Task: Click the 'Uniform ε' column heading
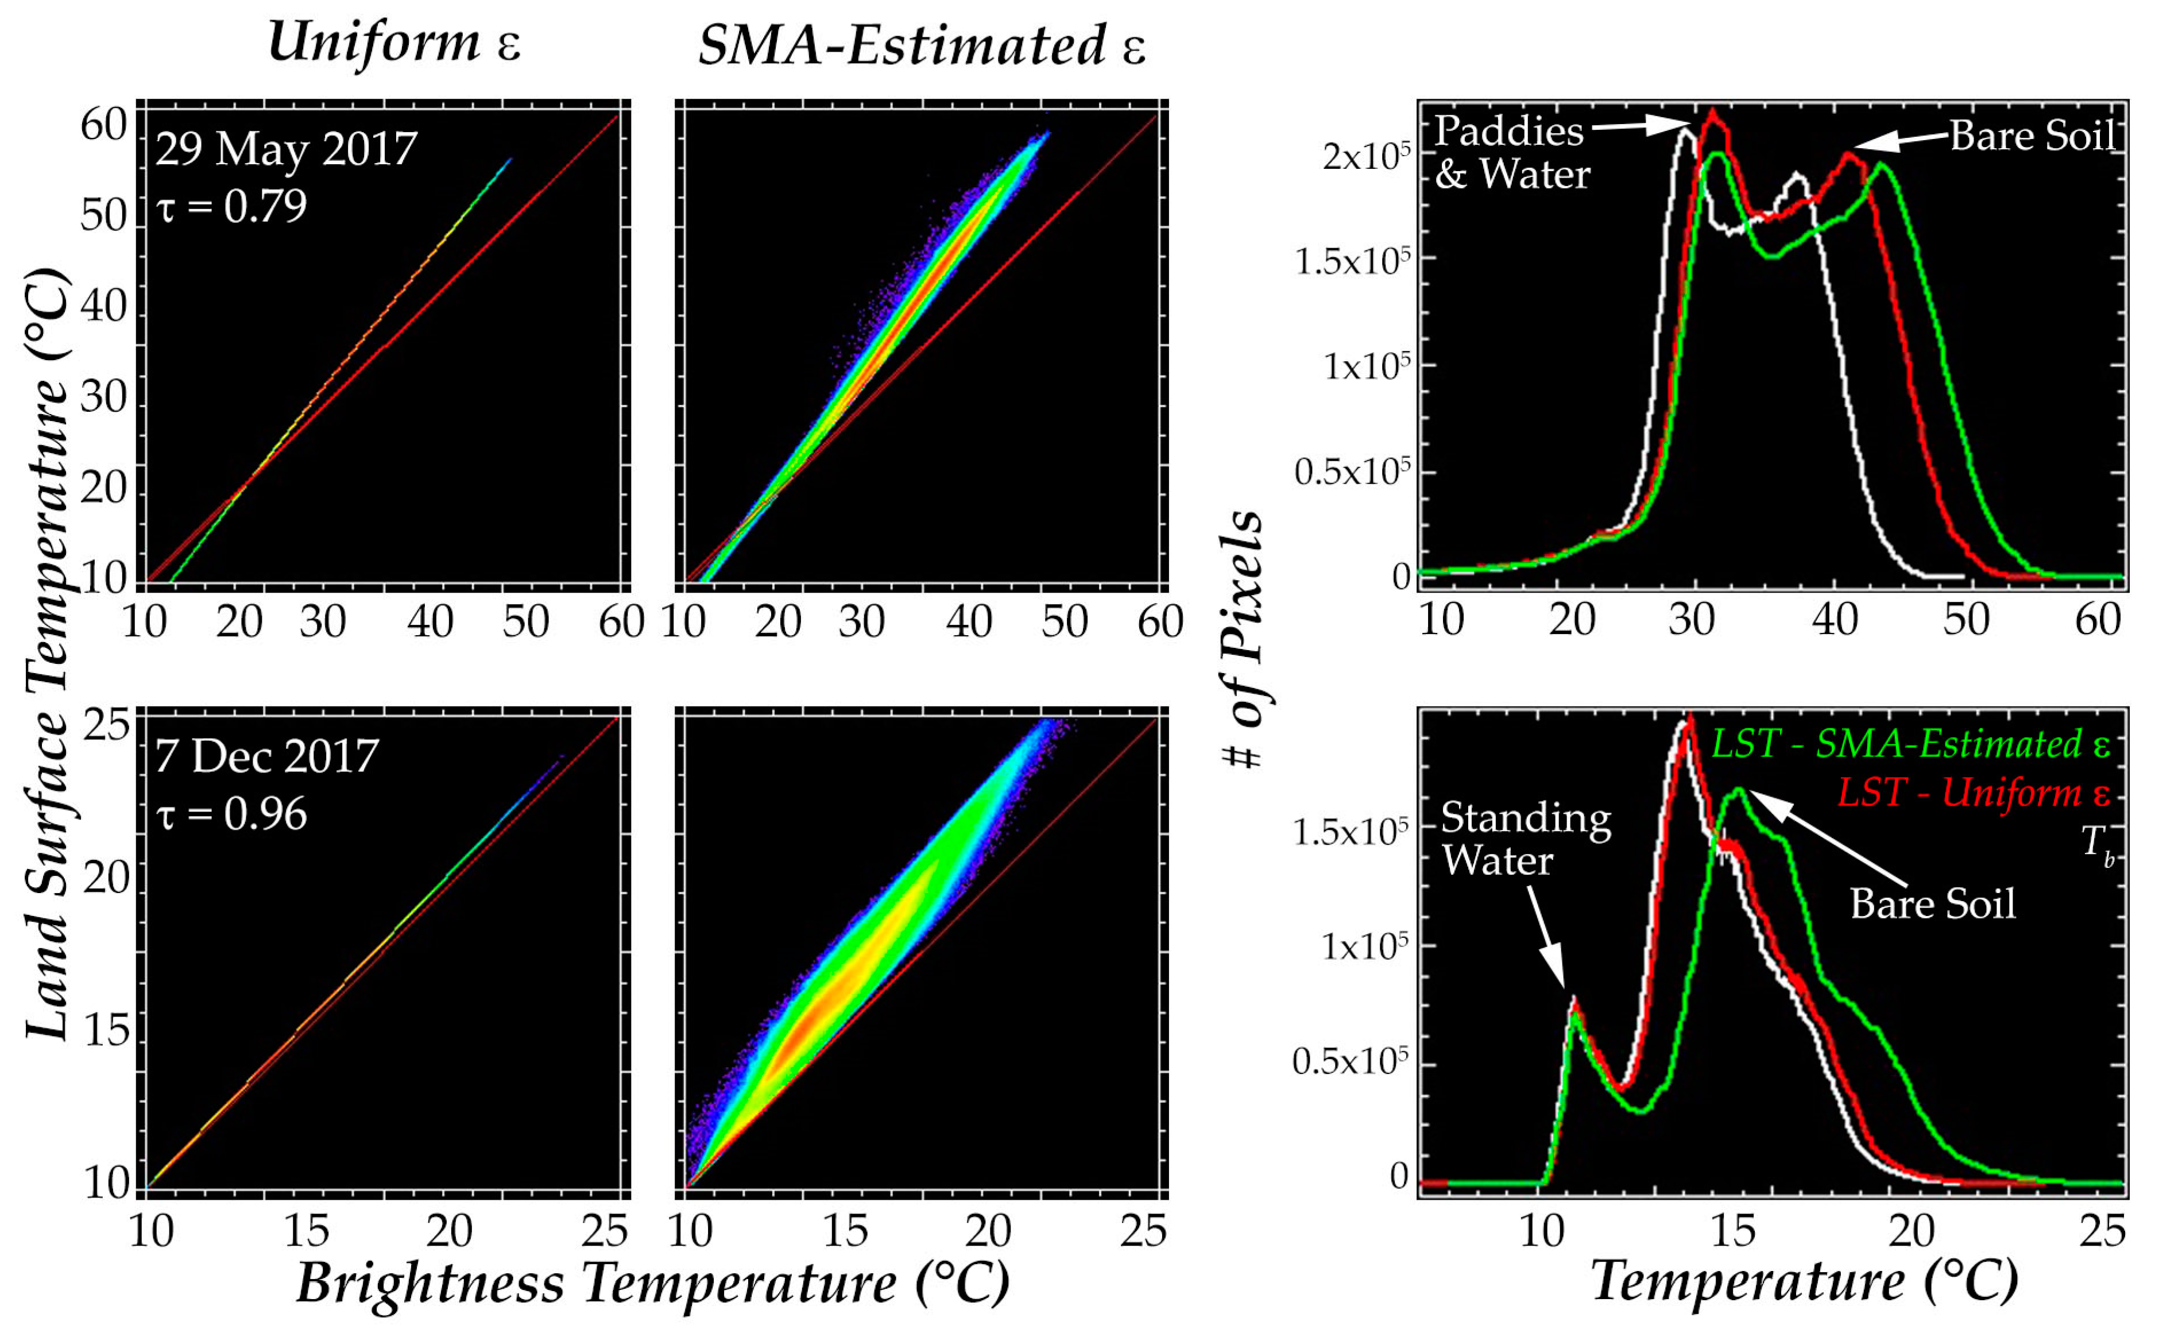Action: coord(394,42)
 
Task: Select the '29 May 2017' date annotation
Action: coord(285,149)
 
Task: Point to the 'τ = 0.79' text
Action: coord(231,206)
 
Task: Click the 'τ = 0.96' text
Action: coord(231,814)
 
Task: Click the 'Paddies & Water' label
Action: coord(1510,153)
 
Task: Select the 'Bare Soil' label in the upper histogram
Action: coord(2032,136)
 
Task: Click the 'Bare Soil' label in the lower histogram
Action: coord(1933,904)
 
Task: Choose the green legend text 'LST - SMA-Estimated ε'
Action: coord(1910,744)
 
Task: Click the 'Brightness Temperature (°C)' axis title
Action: coord(652,1283)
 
